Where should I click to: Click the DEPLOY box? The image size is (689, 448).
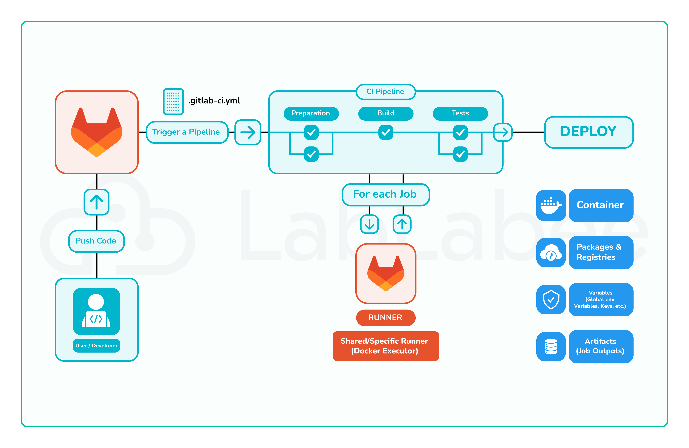pyautogui.click(x=589, y=132)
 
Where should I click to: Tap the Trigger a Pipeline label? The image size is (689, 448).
pyautogui.click(x=187, y=132)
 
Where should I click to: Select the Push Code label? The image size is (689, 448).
pyautogui.click(x=96, y=241)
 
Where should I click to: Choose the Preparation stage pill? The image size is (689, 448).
pyautogui.click(x=311, y=113)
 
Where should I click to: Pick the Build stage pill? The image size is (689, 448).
pyautogui.click(x=386, y=113)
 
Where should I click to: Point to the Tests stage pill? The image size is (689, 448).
pyautogui.click(x=460, y=113)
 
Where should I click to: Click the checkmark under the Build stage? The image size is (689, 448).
pyautogui.click(x=386, y=132)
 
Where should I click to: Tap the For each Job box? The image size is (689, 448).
pyautogui.click(x=385, y=194)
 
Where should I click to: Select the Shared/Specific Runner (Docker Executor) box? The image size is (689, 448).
pyautogui.click(x=385, y=346)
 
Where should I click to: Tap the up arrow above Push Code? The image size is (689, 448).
pyautogui.click(x=96, y=202)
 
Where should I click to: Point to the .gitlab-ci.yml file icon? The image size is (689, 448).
pyautogui.click(x=173, y=101)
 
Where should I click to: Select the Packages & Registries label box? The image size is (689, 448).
pyautogui.click(x=601, y=252)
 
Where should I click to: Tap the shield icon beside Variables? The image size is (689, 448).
pyautogui.click(x=551, y=299)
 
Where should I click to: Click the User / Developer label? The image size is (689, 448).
pyautogui.click(x=96, y=345)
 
